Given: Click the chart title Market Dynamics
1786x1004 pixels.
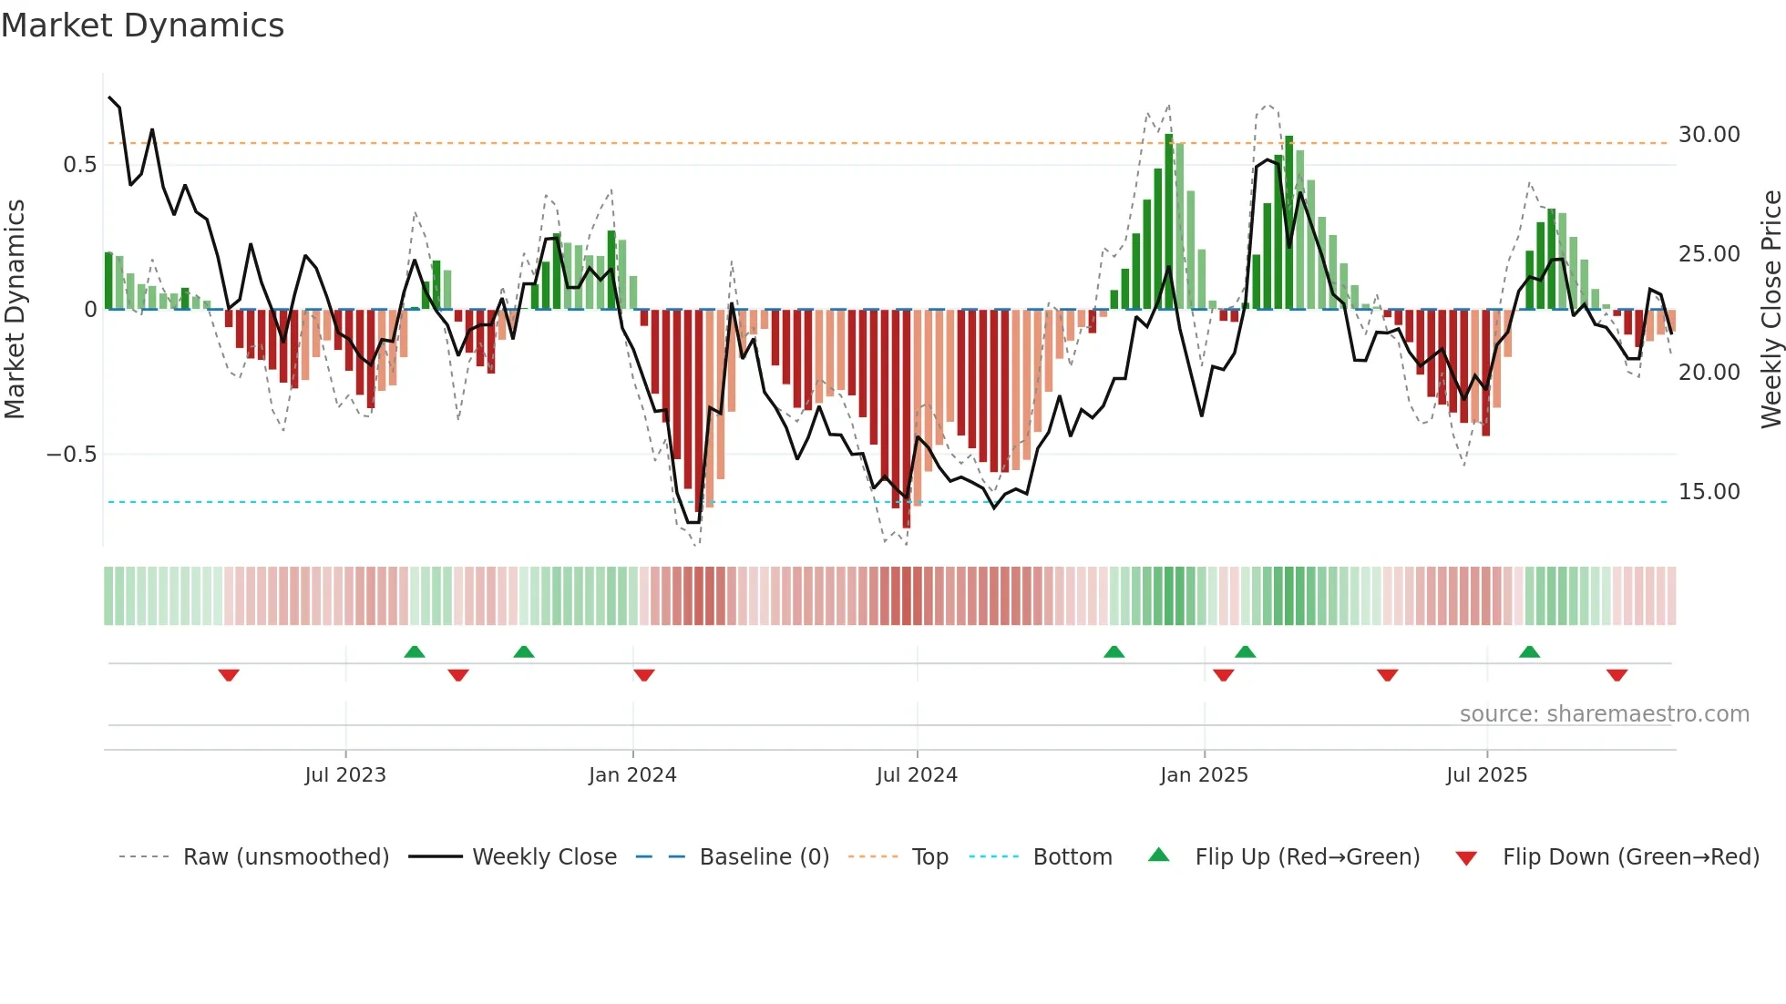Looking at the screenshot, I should (x=142, y=26).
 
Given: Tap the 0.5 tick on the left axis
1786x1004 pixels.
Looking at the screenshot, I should (x=79, y=165).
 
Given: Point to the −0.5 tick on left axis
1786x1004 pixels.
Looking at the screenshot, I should (x=71, y=455).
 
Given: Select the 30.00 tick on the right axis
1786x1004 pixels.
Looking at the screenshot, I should (x=1709, y=135).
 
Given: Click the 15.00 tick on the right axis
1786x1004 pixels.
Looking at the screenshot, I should (x=1709, y=492).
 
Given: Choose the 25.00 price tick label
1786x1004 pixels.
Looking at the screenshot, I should (x=1709, y=254).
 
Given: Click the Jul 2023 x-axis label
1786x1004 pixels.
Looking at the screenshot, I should (x=345, y=775).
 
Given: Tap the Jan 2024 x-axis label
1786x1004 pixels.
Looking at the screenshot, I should (x=632, y=775).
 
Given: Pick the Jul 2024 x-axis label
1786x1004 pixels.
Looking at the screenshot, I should (x=917, y=775).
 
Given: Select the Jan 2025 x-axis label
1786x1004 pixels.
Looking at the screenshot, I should (x=1204, y=775).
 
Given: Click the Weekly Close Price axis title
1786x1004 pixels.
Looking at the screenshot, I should (x=1771, y=309).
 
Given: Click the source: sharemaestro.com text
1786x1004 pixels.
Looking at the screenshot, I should (x=1604, y=714).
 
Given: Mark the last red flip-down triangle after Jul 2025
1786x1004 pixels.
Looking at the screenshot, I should (x=1617, y=675).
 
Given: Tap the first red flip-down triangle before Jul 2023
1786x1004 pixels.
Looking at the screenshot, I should (x=229, y=675).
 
